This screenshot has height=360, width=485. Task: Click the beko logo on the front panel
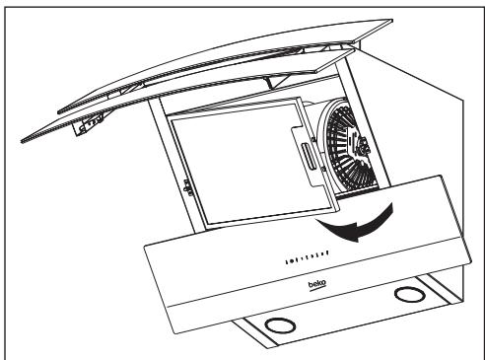coord(316,283)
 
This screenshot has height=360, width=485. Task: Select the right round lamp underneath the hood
coord(405,295)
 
